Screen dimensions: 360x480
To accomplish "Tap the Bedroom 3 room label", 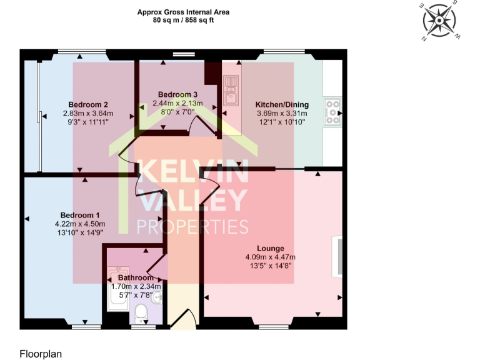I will [178, 94].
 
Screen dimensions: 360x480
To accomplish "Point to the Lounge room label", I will [270, 248].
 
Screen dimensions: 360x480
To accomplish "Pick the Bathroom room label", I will [136, 277].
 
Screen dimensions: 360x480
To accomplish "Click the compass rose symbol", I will [441, 21].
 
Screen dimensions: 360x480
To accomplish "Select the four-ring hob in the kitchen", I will [332, 111].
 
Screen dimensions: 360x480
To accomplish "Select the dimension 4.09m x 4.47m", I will [270, 257].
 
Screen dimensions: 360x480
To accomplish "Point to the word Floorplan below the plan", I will [41, 353].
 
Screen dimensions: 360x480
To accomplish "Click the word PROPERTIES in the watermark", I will [192, 227].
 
